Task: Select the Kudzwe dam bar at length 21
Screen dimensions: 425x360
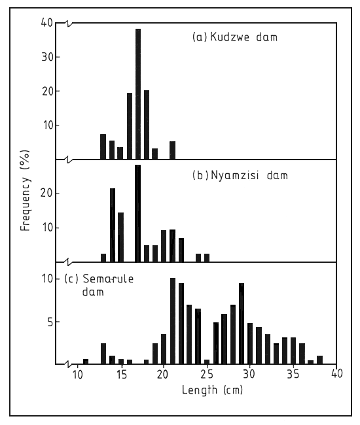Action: coord(172,150)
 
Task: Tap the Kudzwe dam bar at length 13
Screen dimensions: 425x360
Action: coord(103,146)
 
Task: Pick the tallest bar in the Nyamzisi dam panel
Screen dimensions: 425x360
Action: coord(138,212)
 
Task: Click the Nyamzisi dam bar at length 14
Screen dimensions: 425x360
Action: coord(113,225)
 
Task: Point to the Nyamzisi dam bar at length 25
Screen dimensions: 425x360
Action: coord(206,258)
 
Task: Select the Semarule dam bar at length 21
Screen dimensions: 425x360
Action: coord(173,320)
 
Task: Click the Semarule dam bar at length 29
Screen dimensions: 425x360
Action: coord(242,323)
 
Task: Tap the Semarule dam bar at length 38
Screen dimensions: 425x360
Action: coord(319,359)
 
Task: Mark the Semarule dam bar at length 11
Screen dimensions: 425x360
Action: coord(86,361)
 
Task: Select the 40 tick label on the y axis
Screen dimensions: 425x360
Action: coord(44,24)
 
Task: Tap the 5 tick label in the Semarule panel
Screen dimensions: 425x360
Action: coord(56,322)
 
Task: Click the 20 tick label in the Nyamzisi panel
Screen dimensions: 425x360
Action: coord(52,194)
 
